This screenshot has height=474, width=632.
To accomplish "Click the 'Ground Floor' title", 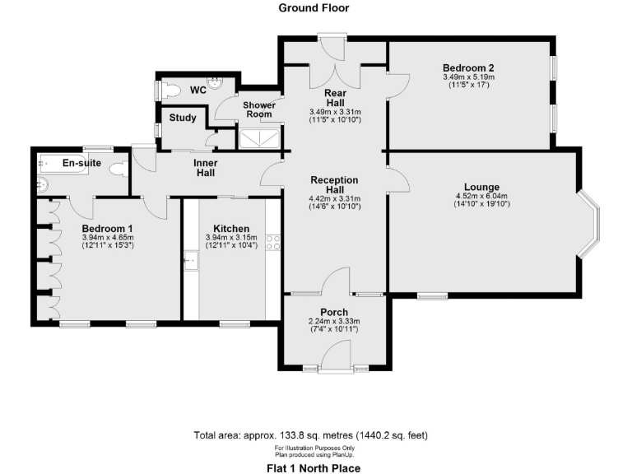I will tap(314, 8).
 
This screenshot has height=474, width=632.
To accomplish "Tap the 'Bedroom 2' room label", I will tap(467, 67).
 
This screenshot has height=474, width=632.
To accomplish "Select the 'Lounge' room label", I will tap(481, 187).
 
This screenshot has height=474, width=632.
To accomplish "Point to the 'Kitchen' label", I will tap(231, 229).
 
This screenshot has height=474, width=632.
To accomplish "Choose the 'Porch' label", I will tap(333, 312).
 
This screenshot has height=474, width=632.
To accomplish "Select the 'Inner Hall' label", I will tap(205, 167).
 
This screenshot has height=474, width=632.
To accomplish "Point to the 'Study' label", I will tap(183, 118).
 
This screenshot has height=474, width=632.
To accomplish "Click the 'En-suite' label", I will tap(81, 163).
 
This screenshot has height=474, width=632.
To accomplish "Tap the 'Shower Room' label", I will tap(258, 109).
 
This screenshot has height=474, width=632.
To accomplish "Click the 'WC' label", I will tap(197, 89).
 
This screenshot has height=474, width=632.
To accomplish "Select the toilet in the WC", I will tap(171, 89).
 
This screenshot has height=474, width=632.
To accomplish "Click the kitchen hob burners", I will tap(273, 242).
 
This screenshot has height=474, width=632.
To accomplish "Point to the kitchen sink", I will tap(191, 263).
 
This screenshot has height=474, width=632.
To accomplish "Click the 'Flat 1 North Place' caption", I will tap(314, 467).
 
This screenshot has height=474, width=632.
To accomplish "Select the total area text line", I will tap(310, 434).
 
